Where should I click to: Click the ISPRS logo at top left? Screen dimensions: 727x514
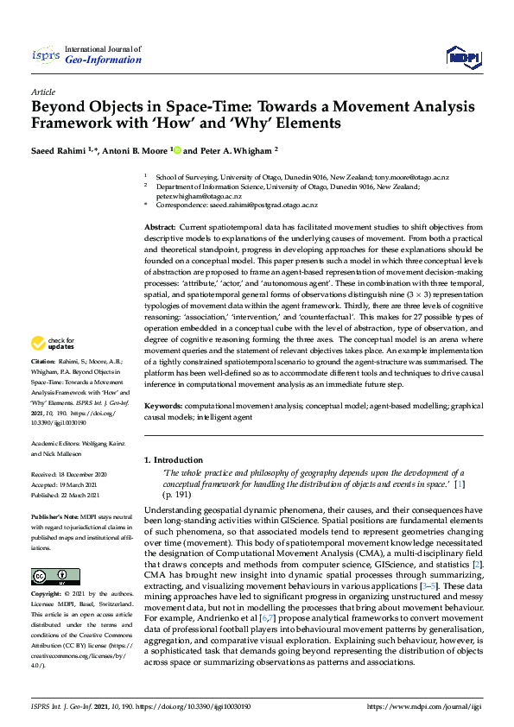click(45, 56)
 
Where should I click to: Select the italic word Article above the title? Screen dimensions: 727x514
click(42, 92)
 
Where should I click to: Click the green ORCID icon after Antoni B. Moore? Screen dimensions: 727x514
click(177, 149)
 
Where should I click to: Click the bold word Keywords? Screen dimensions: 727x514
click(164, 405)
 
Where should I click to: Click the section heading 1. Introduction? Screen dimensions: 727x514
click(174, 460)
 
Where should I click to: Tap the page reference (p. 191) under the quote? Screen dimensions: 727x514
click(175, 496)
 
